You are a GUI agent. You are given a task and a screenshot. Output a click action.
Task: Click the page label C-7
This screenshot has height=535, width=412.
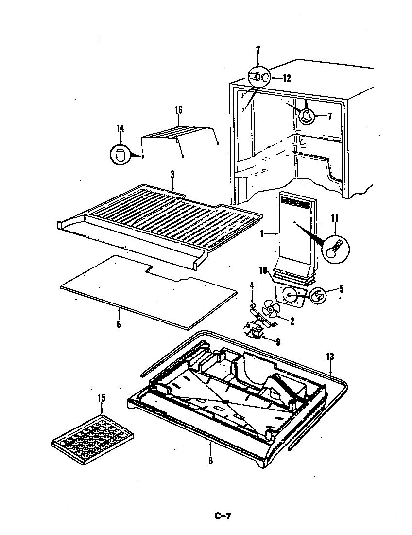click(223, 516)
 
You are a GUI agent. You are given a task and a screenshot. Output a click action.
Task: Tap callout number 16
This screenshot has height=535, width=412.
click(178, 110)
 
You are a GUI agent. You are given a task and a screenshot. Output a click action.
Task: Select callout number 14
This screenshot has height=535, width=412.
click(120, 128)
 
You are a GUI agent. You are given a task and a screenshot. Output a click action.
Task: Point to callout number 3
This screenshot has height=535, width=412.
click(172, 174)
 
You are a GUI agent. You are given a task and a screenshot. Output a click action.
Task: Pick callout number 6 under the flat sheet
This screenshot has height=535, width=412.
click(119, 323)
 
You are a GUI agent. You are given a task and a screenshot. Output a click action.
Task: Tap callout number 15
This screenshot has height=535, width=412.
click(101, 398)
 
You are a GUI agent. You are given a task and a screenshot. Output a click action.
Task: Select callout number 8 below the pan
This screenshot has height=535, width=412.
click(210, 460)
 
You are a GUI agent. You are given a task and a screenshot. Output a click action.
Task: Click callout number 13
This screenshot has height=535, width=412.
click(330, 357)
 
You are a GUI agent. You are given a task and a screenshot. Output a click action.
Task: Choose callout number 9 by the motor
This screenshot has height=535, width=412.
click(278, 342)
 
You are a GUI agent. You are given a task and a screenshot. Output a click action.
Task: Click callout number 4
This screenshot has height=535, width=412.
click(252, 285)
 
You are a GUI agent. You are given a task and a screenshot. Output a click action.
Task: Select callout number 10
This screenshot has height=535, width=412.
click(263, 270)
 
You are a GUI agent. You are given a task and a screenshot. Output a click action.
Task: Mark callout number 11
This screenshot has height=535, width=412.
click(335, 218)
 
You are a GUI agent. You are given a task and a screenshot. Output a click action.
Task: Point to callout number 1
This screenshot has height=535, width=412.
click(262, 234)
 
